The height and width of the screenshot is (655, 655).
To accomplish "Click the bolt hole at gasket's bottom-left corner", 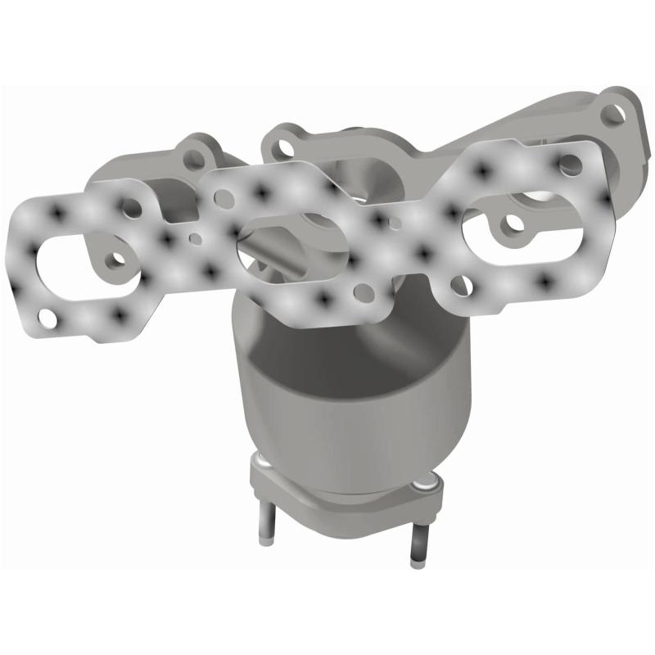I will [49, 316].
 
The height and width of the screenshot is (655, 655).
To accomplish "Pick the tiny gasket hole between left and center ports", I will [194, 240].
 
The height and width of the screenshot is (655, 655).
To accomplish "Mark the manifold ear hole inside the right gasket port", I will [511, 220].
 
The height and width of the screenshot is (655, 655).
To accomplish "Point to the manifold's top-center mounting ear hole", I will [283, 145].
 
